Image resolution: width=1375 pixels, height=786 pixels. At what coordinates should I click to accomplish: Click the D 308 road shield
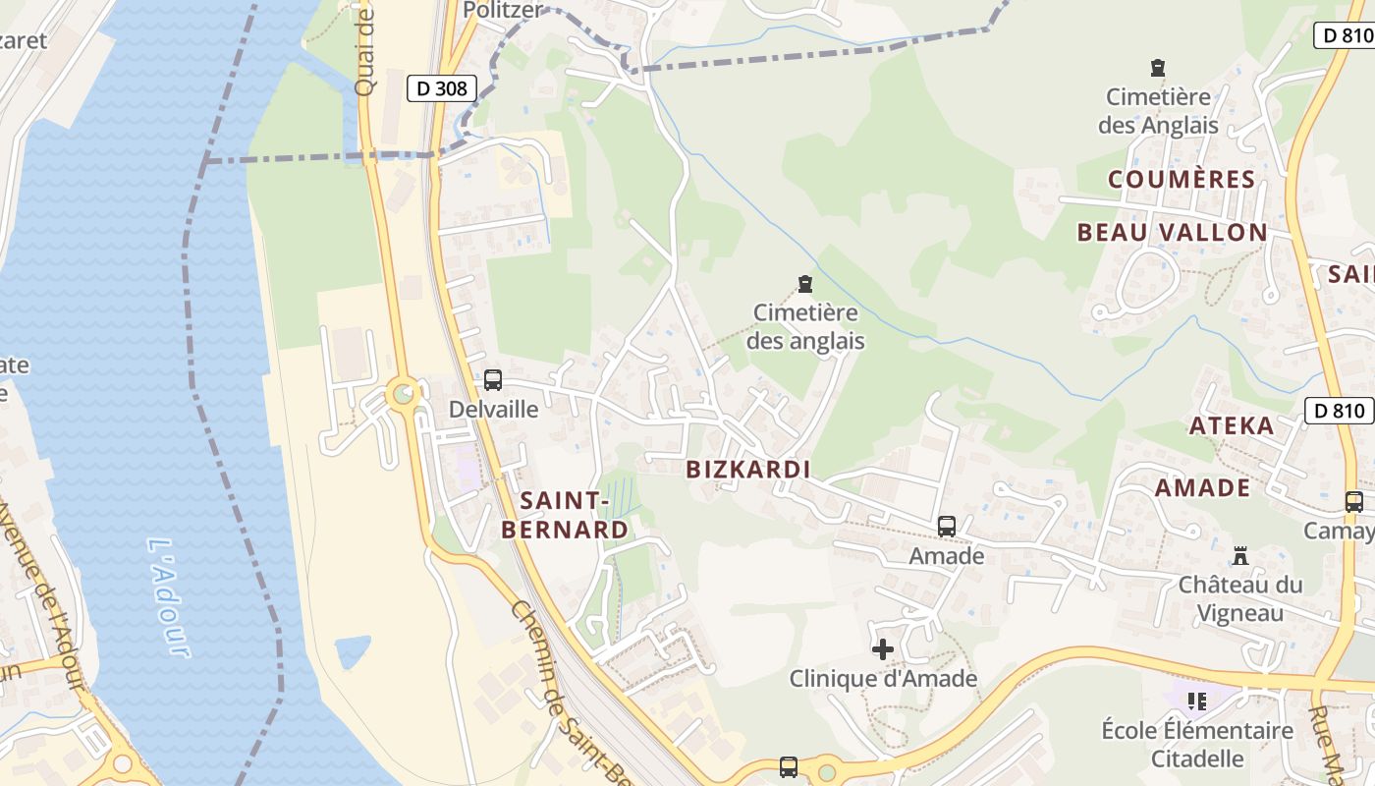pyautogui.click(x=441, y=88)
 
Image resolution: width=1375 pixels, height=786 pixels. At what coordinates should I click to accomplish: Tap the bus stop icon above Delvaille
pyautogui.click(x=493, y=379)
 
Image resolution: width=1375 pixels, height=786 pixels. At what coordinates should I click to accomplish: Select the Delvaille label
pyautogui.click(x=493, y=409)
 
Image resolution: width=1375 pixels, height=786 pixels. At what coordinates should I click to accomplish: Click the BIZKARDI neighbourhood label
pyautogui.click(x=748, y=470)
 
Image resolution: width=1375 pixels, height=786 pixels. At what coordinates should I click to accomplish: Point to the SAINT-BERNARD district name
pyautogui.click(x=564, y=515)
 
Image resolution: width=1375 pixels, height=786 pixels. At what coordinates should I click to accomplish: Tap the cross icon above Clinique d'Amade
pyautogui.click(x=883, y=649)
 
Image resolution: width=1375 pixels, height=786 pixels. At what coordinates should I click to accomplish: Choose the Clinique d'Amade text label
pyautogui.click(x=883, y=679)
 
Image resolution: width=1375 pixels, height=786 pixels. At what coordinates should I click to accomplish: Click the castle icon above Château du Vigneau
pyautogui.click(x=1240, y=556)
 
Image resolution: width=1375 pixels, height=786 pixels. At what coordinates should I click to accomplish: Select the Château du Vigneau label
pyautogui.click(x=1240, y=598)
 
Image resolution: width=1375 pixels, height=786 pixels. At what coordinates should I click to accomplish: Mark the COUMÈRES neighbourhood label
pyautogui.click(x=1182, y=180)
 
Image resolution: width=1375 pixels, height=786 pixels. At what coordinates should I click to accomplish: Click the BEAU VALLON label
pyautogui.click(x=1172, y=233)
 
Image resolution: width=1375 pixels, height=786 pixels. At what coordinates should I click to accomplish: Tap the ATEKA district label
pyautogui.click(x=1232, y=426)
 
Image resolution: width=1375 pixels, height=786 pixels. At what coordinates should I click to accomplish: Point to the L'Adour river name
pyautogui.click(x=166, y=596)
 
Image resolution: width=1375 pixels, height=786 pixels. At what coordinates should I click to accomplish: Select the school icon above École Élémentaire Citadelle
pyautogui.click(x=1197, y=702)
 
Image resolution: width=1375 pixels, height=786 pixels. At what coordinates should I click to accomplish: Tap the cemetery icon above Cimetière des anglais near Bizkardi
pyautogui.click(x=805, y=285)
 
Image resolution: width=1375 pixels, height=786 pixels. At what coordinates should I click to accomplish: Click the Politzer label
pyautogui.click(x=503, y=11)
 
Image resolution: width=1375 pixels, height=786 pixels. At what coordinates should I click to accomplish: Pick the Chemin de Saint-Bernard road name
pyautogui.click(x=570, y=688)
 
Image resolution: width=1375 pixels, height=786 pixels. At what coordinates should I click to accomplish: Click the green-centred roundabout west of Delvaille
pyautogui.click(x=403, y=395)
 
